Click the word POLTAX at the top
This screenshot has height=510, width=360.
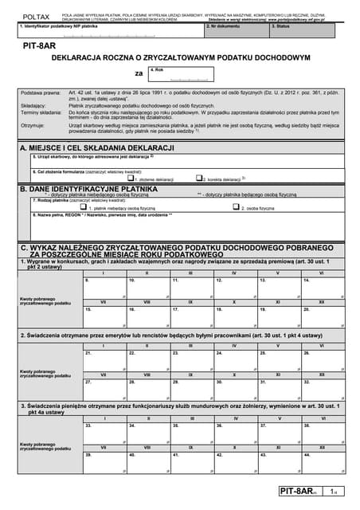[x=35, y=15]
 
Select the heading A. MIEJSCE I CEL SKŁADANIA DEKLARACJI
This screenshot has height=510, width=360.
[x=96, y=149]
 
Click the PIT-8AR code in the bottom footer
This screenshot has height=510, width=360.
[x=295, y=494]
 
